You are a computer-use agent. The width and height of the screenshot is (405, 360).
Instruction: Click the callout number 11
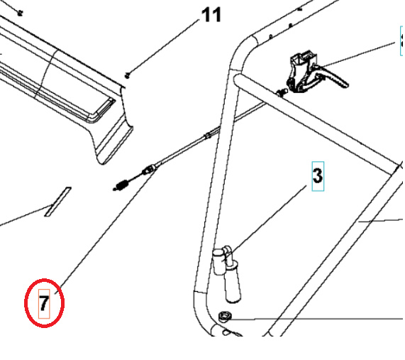tap(211, 15)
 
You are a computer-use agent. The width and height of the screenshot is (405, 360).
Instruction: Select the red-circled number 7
tap(44, 304)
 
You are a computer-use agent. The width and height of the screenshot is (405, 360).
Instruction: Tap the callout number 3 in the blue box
tap(317, 175)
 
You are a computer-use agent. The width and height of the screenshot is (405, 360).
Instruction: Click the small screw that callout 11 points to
tap(128, 74)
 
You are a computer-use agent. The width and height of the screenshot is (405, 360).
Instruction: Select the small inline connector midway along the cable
tap(207, 134)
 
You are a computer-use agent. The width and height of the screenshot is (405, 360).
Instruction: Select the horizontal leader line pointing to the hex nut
tap(319, 320)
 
